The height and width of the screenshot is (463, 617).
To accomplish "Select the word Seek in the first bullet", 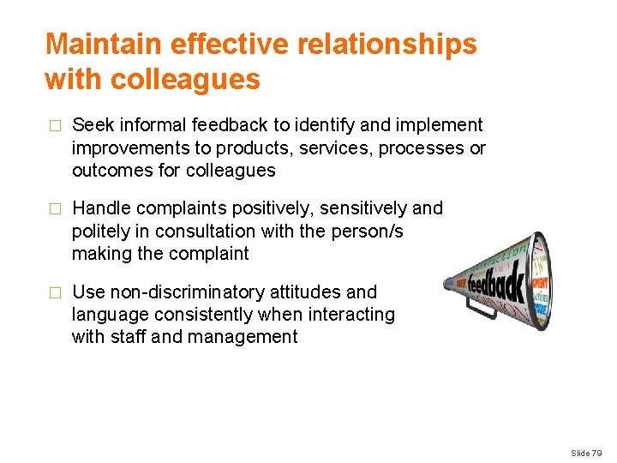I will coord(91,125).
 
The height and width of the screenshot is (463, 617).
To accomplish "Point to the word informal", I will coord(145,125).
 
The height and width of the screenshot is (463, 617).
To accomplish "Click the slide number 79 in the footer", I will coord(599,453).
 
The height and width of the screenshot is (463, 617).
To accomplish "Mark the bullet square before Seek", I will coord(56,126).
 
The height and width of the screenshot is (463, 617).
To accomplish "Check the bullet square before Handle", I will coord(56,209).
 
